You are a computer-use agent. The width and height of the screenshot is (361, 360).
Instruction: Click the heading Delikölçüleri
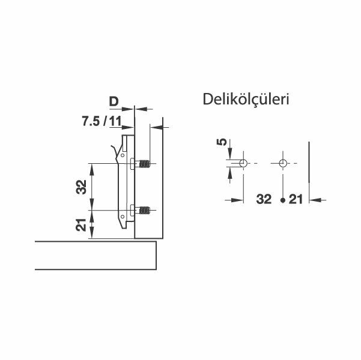(246, 98)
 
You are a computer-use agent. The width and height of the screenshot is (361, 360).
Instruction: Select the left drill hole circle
(242, 164)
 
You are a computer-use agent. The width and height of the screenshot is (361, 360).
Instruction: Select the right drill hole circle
(283, 164)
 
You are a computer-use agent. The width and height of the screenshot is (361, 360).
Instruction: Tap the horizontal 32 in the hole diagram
(264, 200)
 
